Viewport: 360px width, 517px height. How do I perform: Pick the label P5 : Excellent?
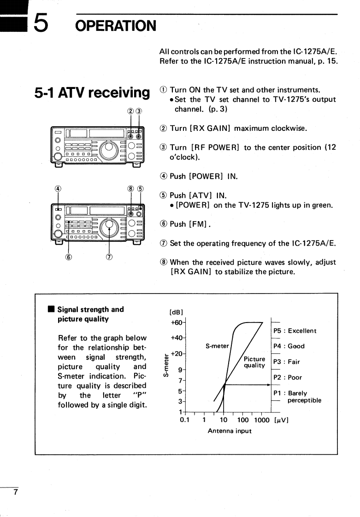pyautogui.click(x=295, y=331)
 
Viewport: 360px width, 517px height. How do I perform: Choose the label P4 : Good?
pyautogui.click(x=289, y=346)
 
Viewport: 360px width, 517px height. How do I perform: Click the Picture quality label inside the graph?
pyautogui.click(x=254, y=362)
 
